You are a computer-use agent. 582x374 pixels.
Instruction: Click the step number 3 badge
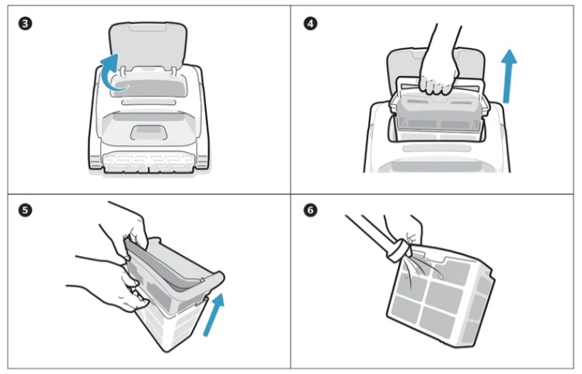click(25, 24)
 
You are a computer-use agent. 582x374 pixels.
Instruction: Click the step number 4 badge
click(310, 24)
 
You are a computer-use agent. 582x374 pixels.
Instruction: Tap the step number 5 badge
click(25, 210)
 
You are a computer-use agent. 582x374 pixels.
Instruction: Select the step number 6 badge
click(310, 210)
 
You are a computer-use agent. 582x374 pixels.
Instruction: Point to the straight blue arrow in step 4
click(508, 76)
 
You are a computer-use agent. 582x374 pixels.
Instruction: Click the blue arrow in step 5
click(214, 314)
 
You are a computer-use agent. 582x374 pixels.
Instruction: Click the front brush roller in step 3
click(148, 164)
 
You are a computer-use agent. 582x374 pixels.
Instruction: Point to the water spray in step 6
click(423, 272)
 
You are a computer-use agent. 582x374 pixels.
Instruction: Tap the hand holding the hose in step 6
click(406, 230)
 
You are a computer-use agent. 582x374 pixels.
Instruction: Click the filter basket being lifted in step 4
click(438, 111)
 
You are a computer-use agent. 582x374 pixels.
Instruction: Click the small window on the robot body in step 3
click(148, 133)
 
